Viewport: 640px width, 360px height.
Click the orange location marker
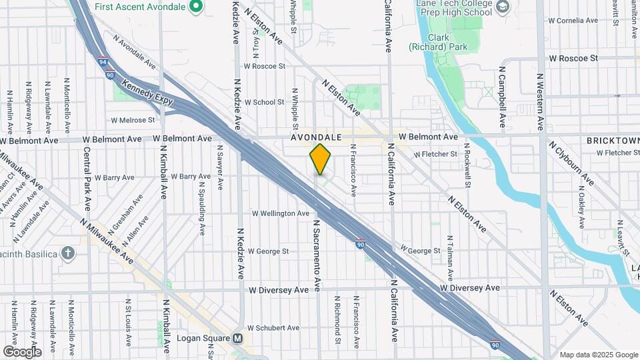pyautogui.click(x=321, y=159)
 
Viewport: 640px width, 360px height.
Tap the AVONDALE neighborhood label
pyautogui.click(x=316, y=137)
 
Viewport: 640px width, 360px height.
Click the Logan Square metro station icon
pyautogui.click(x=237, y=338)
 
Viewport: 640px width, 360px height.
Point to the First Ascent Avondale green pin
pyautogui.click(x=195, y=7)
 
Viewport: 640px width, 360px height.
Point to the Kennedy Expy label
pyautogui.click(x=147, y=93)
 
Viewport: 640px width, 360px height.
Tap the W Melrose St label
pyautogui.click(x=133, y=120)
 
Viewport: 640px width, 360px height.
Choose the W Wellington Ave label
pyautogui.click(x=280, y=213)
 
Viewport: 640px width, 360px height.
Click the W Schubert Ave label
pyautogui.click(x=273, y=328)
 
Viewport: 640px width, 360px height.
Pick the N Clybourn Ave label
pyautogui.click(x=571, y=163)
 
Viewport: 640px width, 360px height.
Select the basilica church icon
pyautogui.click(x=67, y=253)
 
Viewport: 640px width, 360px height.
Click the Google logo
pyautogui.click(x=22, y=351)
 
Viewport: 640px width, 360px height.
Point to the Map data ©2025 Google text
pyautogui.click(x=598, y=355)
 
